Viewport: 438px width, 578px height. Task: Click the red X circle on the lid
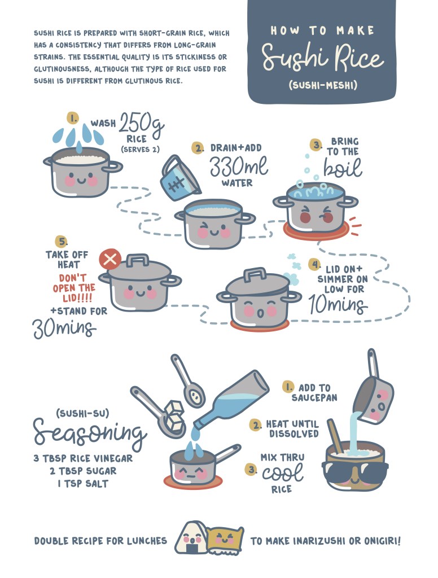point(110,260)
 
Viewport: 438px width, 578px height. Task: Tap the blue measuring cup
point(179,178)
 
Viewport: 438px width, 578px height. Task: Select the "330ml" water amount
point(239,166)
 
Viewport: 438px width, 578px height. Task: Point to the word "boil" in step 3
point(343,168)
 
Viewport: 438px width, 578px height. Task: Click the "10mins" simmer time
point(338,305)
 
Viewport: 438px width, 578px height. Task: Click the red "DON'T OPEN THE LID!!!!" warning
point(74,287)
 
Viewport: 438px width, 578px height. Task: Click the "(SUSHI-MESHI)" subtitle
point(323,86)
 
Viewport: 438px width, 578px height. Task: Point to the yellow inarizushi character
point(225,540)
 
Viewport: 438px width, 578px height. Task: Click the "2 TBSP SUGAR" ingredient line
point(83,471)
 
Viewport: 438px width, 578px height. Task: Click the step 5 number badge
point(61,242)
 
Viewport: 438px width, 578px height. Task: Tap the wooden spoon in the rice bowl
point(336,436)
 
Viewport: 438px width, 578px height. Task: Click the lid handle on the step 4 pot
point(255,274)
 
